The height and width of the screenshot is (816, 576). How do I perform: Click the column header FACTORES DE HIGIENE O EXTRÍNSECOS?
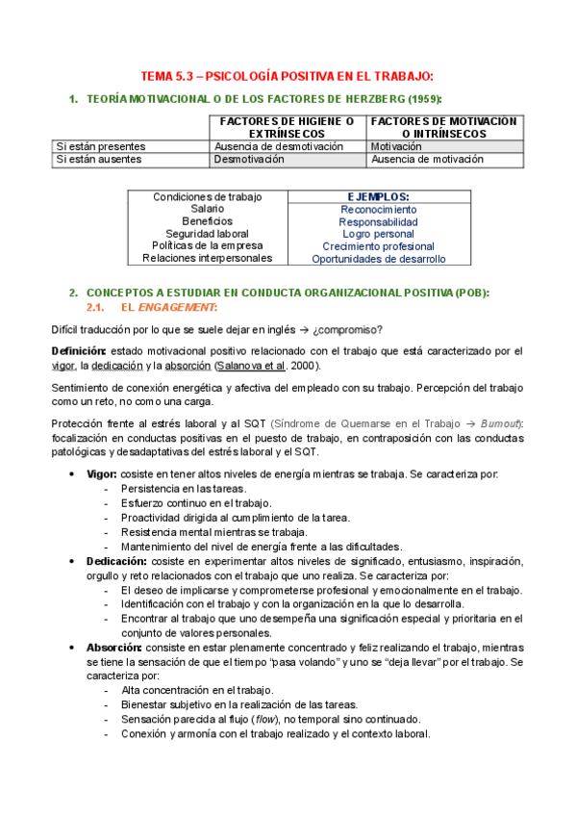[x=287, y=126]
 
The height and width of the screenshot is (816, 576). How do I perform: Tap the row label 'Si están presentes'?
[x=100, y=146]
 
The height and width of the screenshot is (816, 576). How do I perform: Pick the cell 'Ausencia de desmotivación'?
[x=278, y=146]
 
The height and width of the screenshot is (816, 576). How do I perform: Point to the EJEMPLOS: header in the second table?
[x=378, y=196]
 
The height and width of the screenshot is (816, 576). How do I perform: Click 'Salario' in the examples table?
[x=207, y=209]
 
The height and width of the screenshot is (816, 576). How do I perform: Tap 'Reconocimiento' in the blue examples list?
[x=378, y=209]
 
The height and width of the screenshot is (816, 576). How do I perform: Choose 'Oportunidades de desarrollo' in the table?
[x=378, y=259]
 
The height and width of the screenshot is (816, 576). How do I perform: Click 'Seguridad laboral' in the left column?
[x=207, y=234]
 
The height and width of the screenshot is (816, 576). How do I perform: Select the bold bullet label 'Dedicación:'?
[x=116, y=561]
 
